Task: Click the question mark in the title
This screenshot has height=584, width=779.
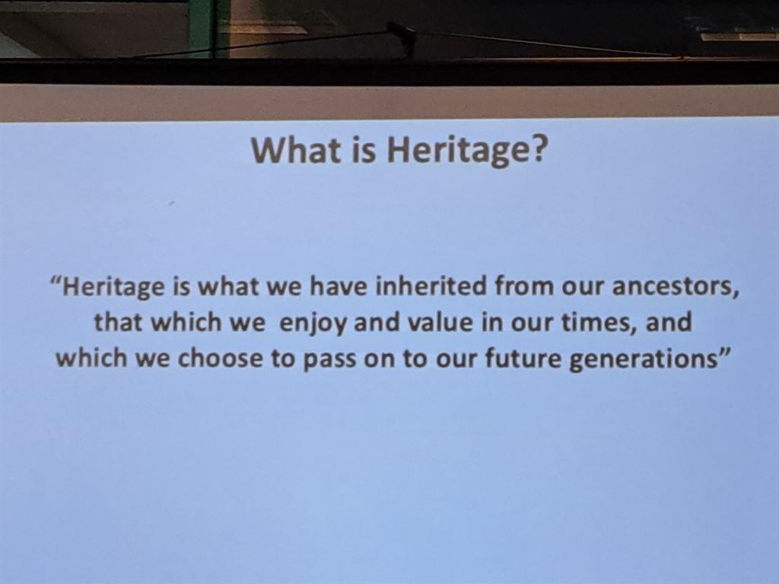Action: point(533,149)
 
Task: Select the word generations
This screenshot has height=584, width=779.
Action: point(643,360)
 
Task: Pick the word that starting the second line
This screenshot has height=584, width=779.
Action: point(119,322)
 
